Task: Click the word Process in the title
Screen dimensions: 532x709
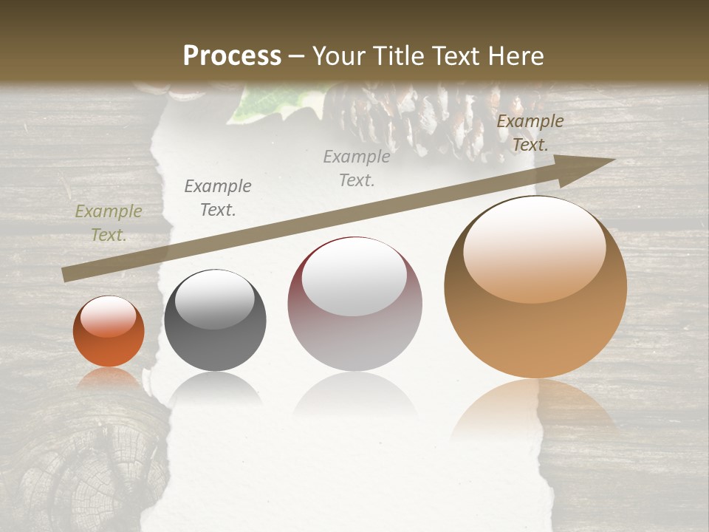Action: tap(232, 56)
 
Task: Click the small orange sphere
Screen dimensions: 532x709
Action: tap(109, 332)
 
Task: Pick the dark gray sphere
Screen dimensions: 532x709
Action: tap(215, 320)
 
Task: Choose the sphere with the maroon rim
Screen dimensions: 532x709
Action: tap(354, 304)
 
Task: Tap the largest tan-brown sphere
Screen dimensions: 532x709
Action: tap(535, 288)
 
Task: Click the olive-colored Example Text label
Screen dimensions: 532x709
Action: tap(109, 223)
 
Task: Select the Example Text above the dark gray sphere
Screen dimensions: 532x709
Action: tap(218, 198)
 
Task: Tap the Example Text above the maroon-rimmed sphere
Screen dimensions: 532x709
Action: tap(357, 168)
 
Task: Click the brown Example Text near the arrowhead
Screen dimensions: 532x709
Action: tap(530, 133)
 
